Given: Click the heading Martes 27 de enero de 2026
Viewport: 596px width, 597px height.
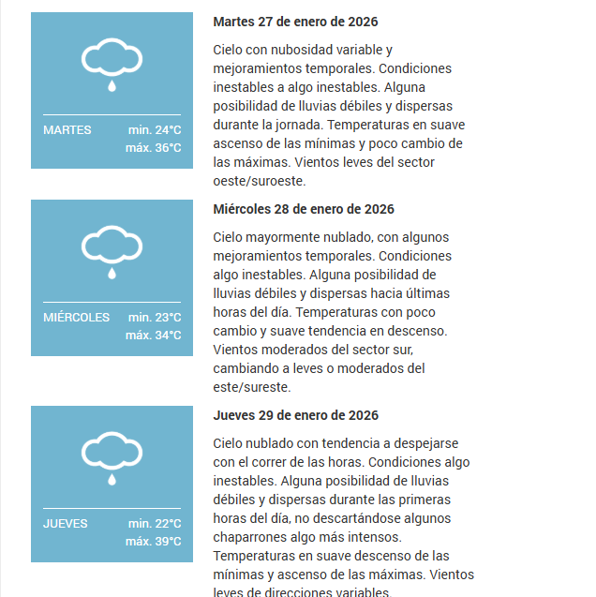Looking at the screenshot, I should [x=295, y=22].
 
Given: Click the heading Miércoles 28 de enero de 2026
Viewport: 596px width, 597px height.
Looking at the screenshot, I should [x=304, y=209].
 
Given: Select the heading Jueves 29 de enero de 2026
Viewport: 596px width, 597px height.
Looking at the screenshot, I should [x=296, y=415].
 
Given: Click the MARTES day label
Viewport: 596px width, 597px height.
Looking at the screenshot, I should [x=67, y=130].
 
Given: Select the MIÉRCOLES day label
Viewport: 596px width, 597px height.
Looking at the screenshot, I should [x=76, y=318].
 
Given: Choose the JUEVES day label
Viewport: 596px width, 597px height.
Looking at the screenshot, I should [x=66, y=524].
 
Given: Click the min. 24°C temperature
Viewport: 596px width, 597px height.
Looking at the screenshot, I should [x=155, y=130].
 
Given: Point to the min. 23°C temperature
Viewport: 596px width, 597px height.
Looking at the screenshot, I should [x=155, y=318].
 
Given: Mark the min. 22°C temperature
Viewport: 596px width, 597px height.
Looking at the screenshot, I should [x=155, y=524].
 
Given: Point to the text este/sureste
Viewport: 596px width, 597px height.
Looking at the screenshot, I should [x=252, y=387].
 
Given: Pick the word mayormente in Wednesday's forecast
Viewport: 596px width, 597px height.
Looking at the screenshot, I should [x=280, y=237].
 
